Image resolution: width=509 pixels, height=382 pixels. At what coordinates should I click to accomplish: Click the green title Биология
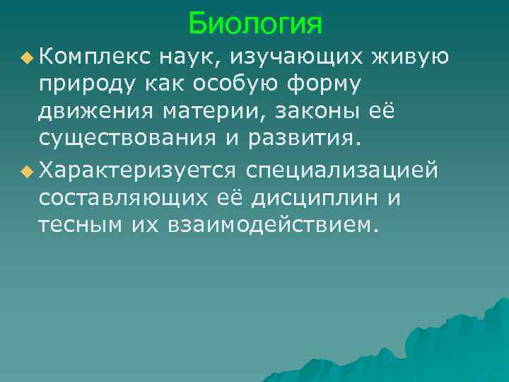[x=255, y=24]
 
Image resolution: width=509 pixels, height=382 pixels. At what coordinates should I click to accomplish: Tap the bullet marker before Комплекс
[x=28, y=57]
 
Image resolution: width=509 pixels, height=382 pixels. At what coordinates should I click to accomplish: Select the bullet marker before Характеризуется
[x=28, y=170]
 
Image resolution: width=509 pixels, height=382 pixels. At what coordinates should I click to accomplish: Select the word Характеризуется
[x=139, y=170]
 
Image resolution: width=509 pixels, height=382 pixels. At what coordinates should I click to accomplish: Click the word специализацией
[x=342, y=170]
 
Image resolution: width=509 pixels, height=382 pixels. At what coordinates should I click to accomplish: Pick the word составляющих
[x=117, y=199]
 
